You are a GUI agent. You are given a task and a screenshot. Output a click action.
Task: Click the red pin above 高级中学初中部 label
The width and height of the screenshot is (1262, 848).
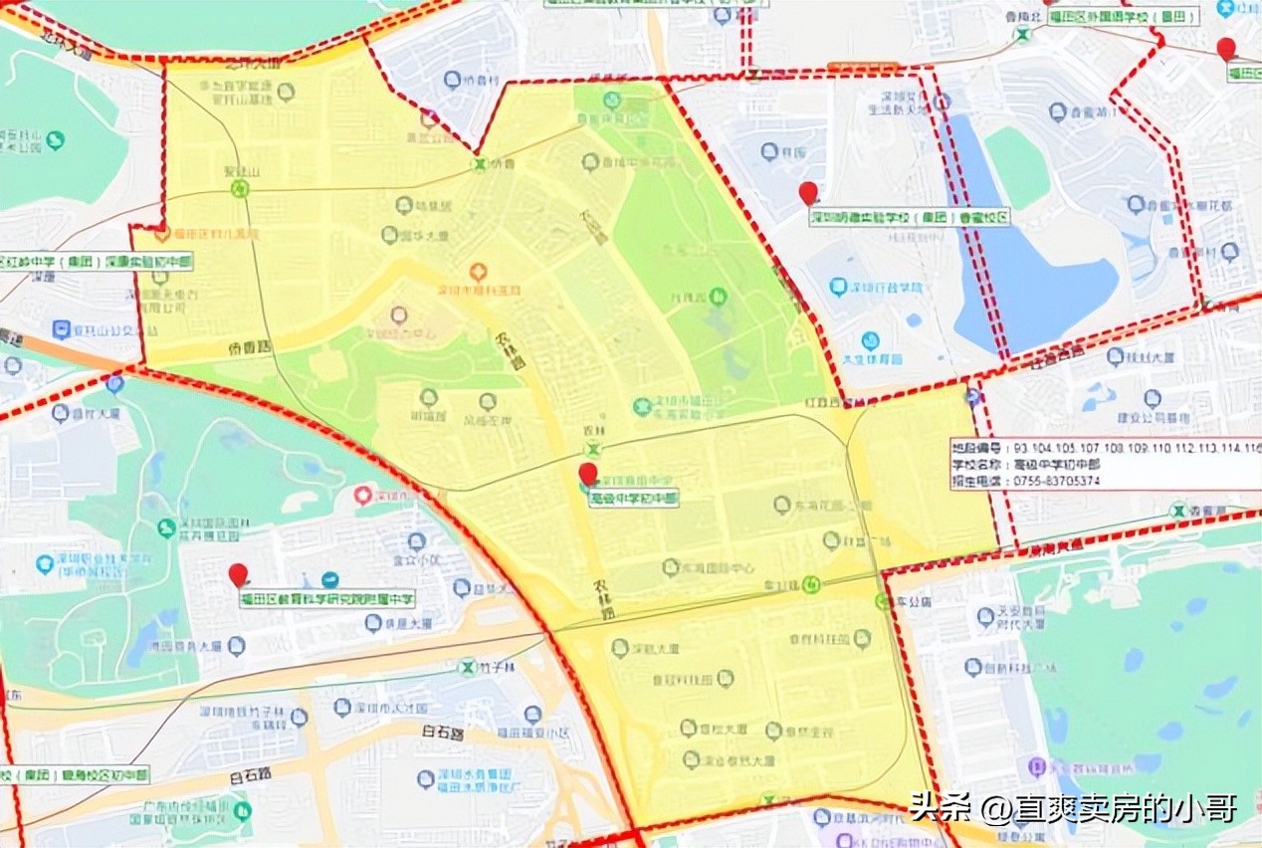[588, 473]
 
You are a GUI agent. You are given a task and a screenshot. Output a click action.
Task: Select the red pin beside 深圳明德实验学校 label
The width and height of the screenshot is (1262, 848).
[808, 192]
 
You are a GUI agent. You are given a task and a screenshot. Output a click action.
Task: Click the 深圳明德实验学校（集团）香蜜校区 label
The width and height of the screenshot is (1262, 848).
[909, 217]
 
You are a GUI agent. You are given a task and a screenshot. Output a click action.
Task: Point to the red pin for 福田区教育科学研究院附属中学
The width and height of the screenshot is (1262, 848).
[238, 574]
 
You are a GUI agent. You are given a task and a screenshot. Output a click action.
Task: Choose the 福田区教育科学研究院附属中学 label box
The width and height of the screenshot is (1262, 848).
[327, 598]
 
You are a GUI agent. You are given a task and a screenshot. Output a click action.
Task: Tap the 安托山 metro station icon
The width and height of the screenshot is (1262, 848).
[239, 187]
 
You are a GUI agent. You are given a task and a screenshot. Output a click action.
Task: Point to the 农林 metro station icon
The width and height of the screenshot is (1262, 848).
[592, 450]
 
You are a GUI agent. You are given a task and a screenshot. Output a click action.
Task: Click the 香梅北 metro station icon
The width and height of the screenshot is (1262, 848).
[1022, 34]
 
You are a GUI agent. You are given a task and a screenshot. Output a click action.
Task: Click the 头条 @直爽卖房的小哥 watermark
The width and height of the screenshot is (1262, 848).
[1073, 807]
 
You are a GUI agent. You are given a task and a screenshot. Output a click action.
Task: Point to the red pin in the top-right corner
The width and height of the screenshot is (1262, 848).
[1226, 48]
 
